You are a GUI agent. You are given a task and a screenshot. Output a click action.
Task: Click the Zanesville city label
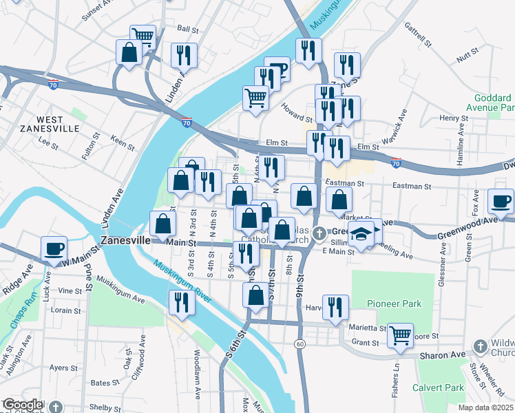pyautogui.click(x=125, y=242)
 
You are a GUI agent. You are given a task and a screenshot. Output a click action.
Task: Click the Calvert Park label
pyautogui.click(x=438, y=388)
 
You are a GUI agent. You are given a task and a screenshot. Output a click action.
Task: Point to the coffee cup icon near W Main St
pyautogui.click(x=54, y=248)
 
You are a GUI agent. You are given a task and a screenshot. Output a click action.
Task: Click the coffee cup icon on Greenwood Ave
pyautogui.click(x=501, y=200)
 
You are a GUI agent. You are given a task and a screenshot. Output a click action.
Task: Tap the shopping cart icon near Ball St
pyautogui.click(x=143, y=35)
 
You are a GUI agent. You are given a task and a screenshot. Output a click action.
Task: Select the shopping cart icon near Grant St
pyautogui.click(x=400, y=335)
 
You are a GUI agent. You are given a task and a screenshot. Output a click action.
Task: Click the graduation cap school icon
pyautogui.click(x=361, y=234)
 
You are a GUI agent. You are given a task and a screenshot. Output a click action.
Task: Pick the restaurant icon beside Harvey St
pyautogui.click(x=335, y=306)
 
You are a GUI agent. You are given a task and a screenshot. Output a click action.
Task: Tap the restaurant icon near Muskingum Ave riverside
pyautogui.click(x=182, y=302)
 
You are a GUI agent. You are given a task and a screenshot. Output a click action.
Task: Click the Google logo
pyautogui.click(x=22, y=405)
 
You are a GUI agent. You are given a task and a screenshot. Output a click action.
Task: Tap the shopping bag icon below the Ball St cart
pyautogui.click(x=129, y=52)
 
